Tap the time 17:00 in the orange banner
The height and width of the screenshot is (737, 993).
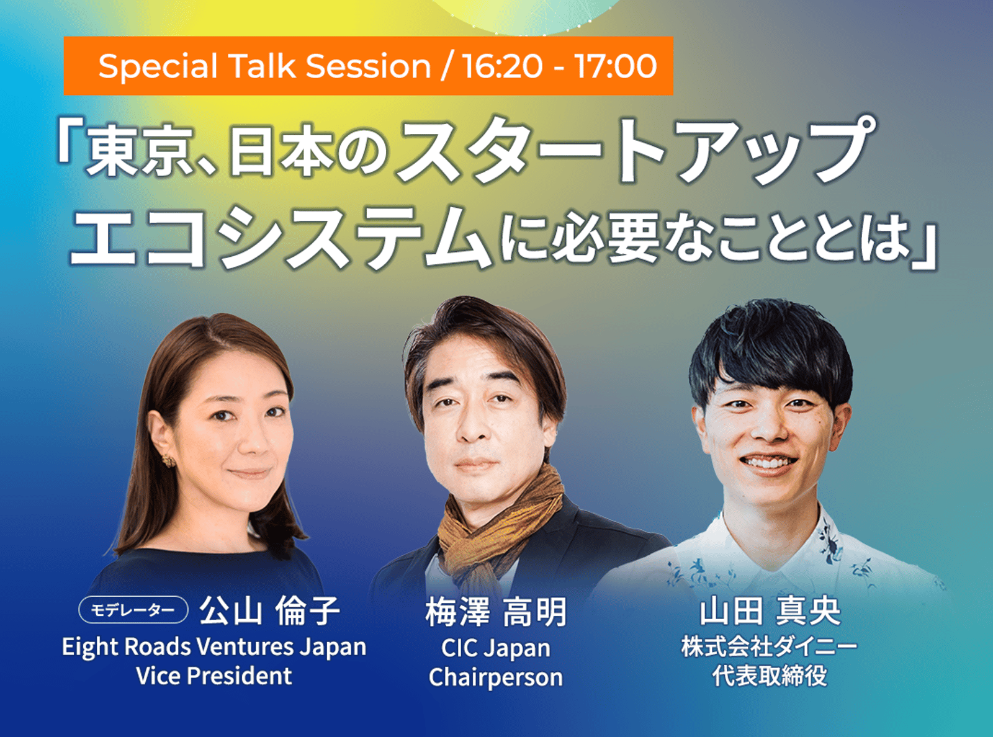click(x=616, y=66)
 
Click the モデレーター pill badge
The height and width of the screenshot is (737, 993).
click(x=133, y=609)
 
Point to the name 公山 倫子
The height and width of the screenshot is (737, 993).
click(x=269, y=611)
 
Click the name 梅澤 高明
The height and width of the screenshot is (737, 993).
click(x=496, y=612)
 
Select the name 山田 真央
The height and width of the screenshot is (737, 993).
click(x=770, y=611)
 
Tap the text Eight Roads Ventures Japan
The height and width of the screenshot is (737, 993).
click(x=214, y=648)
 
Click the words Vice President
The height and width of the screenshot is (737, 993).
click(x=214, y=676)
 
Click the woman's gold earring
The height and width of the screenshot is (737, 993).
click(x=168, y=460)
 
